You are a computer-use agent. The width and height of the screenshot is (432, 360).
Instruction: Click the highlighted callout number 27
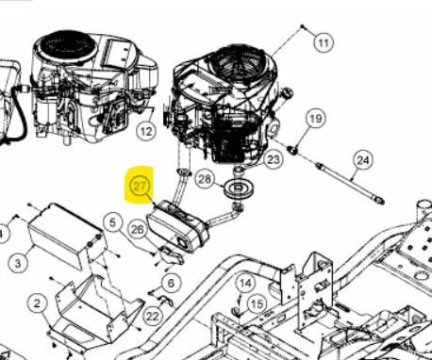[140, 186]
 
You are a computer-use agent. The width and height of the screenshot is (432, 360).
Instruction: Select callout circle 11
[324, 42]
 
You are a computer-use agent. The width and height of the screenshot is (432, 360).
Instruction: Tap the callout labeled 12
[146, 131]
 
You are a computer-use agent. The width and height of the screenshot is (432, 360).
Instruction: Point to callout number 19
[316, 119]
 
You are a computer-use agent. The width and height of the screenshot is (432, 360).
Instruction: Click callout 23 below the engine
[273, 159]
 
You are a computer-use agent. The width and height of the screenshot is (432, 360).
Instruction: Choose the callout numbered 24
[363, 160]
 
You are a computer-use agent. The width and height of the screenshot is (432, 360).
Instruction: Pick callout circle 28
[205, 179]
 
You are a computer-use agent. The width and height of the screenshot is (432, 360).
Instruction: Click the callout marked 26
[138, 230]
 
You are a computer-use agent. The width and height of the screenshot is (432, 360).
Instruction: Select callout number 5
[112, 222]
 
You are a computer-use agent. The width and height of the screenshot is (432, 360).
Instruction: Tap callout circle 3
[18, 263]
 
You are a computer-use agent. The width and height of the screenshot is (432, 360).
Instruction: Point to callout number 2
[38, 303]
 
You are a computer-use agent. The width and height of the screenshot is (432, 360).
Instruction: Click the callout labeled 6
[171, 284]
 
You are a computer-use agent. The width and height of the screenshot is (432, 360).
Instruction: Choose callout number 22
[153, 316]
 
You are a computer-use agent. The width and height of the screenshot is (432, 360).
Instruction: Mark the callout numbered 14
[245, 284]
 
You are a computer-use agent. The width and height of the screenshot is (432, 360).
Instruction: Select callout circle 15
[257, 304]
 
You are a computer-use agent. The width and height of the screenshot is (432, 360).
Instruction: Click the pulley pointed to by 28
[239, 188]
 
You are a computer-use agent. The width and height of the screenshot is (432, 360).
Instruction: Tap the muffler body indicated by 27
[178, 227]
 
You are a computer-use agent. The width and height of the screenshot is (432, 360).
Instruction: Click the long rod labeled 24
[350, 183]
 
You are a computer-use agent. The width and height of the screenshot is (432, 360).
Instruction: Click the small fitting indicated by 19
[293, 150]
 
